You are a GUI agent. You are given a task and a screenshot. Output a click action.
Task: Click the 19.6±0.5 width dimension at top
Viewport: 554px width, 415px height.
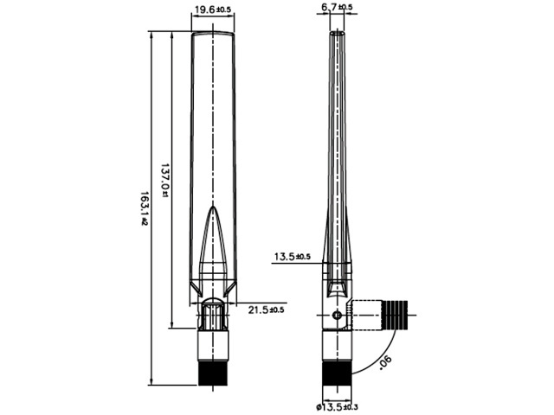pos(212,10)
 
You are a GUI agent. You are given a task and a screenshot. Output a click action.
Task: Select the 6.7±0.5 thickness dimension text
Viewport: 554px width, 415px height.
pos(337,8)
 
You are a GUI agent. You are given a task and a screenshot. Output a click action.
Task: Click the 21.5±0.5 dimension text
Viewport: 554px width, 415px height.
pos(266,309)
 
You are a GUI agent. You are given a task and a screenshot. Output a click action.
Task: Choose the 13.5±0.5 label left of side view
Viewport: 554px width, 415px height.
pos(292,257)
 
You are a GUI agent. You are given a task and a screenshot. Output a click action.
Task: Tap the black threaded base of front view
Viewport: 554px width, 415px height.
pos(212,373)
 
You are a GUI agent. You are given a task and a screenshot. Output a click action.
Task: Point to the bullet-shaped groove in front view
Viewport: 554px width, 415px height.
pos(212,246)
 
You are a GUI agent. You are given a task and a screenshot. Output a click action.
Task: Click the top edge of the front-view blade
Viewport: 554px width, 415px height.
pos(212,34)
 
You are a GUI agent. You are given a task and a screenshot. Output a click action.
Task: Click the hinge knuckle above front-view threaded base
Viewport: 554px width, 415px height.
pos(212,315)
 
